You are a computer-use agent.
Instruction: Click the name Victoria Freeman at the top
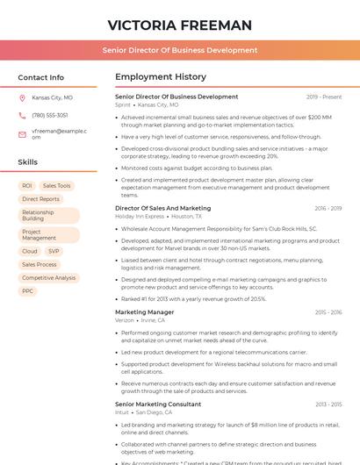click(x=179, y=25)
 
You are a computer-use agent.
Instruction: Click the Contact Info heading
click(x=40, y=77)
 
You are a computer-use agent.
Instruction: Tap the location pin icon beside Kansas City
click(x=22, y=97)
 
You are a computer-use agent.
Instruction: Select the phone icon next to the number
click(x=22, y=115)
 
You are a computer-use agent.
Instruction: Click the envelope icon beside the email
click(x=22, y=133)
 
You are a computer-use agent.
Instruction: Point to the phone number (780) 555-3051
click(x=49, y=115)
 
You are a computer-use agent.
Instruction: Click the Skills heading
click(x=27, y=162)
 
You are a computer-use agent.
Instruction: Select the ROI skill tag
click(x=27, y=186)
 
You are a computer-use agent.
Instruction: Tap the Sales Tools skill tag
click(x=57, y=186)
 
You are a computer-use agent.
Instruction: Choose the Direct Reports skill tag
click(x=40, y=199)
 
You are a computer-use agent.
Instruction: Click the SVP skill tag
click(x=54, y=251)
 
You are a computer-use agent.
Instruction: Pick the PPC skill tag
click(x=28, y=290)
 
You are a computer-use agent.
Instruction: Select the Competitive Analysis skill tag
click(x=48, y=277)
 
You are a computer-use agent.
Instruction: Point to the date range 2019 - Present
click(x=323, y=97)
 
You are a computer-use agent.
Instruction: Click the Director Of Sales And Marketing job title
click(x=162, y=208)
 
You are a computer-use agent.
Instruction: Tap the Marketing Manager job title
click(x=144, y=311)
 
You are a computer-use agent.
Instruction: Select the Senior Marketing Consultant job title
click(x=158, y=404)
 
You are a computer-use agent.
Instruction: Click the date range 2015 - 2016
click(x=328, y=311)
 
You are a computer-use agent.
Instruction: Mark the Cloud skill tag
click(x=30, y=251)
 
